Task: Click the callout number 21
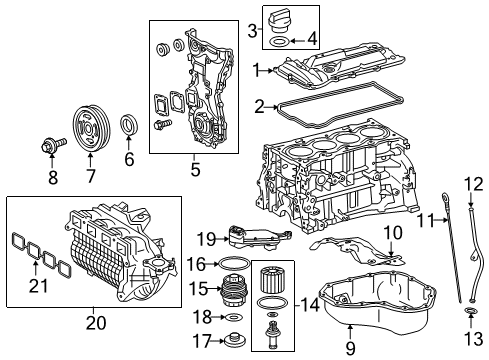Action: pos(38,286)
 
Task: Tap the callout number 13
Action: pos(473,339)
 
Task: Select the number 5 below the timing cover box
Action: pos(196,169)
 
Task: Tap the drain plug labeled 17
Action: pos(235,340)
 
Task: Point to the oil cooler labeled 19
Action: pos(258,239)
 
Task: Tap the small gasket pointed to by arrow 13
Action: pos(470,312)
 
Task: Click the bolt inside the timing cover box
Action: pos(163,124)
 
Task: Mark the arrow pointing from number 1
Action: pos(267,70)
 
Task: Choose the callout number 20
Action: pos(96,323)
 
